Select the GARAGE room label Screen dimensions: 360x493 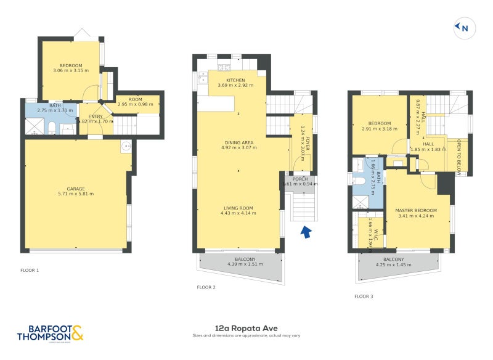[76, 189]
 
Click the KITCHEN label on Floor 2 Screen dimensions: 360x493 [235, 80]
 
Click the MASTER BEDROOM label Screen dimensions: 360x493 [416, 211]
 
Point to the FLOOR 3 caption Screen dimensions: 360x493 [364, 297]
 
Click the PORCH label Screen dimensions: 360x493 [300, 179]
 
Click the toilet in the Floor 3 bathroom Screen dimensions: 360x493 [359, 181]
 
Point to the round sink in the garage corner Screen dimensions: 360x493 [126, 146]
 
